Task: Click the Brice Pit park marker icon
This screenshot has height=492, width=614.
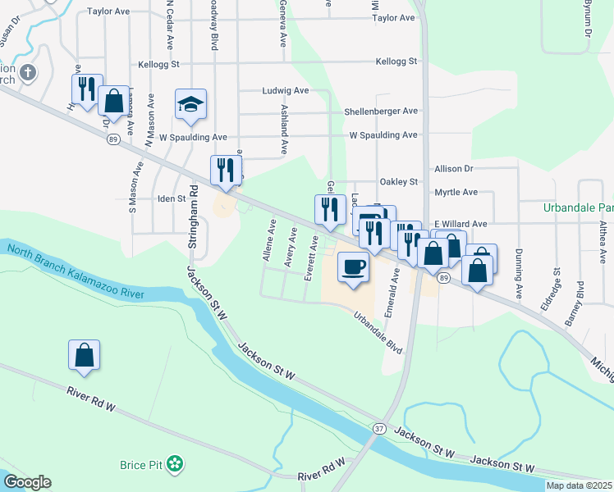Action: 174,464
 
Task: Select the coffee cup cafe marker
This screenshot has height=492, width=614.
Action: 353,268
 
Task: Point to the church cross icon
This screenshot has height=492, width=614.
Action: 28,73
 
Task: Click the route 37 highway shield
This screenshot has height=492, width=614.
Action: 378,429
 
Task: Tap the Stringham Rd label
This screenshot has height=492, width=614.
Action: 194,216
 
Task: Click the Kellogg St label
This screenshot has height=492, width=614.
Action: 396,61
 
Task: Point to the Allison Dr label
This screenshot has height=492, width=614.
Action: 454,168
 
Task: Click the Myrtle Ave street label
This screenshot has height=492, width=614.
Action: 456,193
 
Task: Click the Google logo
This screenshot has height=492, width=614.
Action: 27,482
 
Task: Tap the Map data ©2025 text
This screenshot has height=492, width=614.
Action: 578,485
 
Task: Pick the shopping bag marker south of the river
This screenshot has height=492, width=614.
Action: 84,355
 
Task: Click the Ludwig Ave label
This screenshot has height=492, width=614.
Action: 285,91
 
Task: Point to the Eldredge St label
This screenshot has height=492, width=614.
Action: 556,281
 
